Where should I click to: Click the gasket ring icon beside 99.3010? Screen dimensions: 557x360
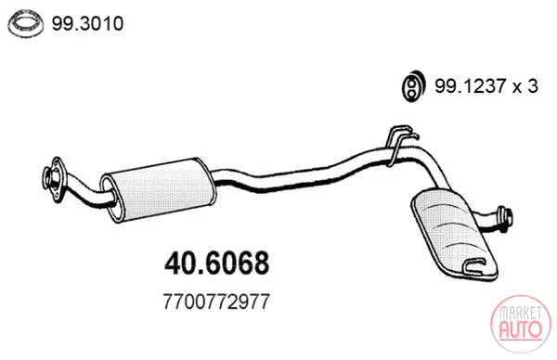26,24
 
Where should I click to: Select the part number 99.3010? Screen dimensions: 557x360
88,24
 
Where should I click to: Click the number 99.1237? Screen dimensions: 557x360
471,86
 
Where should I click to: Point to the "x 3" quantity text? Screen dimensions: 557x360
525,86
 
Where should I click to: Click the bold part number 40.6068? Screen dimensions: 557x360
216,264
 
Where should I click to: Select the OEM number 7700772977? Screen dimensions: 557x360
216,302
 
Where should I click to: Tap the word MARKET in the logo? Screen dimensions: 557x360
521,314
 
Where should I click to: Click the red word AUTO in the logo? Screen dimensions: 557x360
521,329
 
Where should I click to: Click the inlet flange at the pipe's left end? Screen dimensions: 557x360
53,179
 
